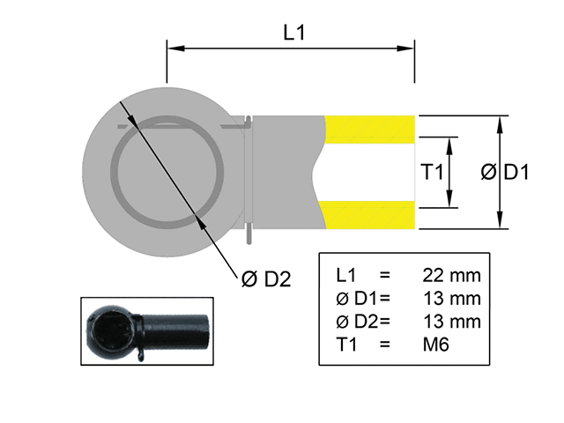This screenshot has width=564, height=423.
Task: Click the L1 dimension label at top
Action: [294, 32]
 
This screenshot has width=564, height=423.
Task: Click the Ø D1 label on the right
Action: [505, 173]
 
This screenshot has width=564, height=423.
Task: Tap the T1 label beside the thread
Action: [432, 173]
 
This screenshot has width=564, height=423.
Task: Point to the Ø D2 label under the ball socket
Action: [266, 279]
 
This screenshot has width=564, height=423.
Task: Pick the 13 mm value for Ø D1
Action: [451, 298]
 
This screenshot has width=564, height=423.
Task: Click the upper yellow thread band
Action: [370, 130]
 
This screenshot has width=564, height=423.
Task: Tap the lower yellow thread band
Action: [370, 214]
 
